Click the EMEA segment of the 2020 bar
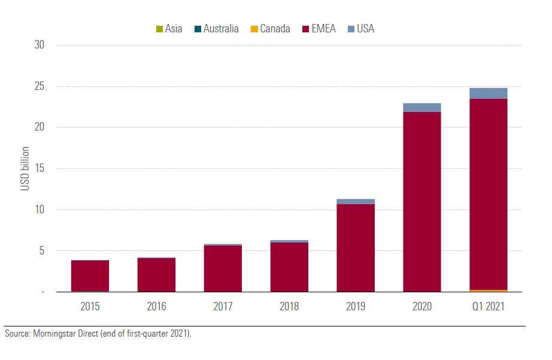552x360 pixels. [422, 201]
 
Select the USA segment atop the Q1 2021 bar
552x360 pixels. [489, 93]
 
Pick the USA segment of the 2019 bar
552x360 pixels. [356, 201]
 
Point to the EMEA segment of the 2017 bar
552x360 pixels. [223, 268]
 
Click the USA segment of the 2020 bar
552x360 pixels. [422, 107]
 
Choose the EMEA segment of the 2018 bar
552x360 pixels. [289, 267]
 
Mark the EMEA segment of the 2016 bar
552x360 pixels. [156, 274]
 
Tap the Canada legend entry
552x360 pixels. [270, 28]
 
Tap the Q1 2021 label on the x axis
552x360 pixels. [489, 306]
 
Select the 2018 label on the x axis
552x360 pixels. [289, 306]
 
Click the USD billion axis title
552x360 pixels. [25, 168]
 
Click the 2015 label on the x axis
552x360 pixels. [90, 306]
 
